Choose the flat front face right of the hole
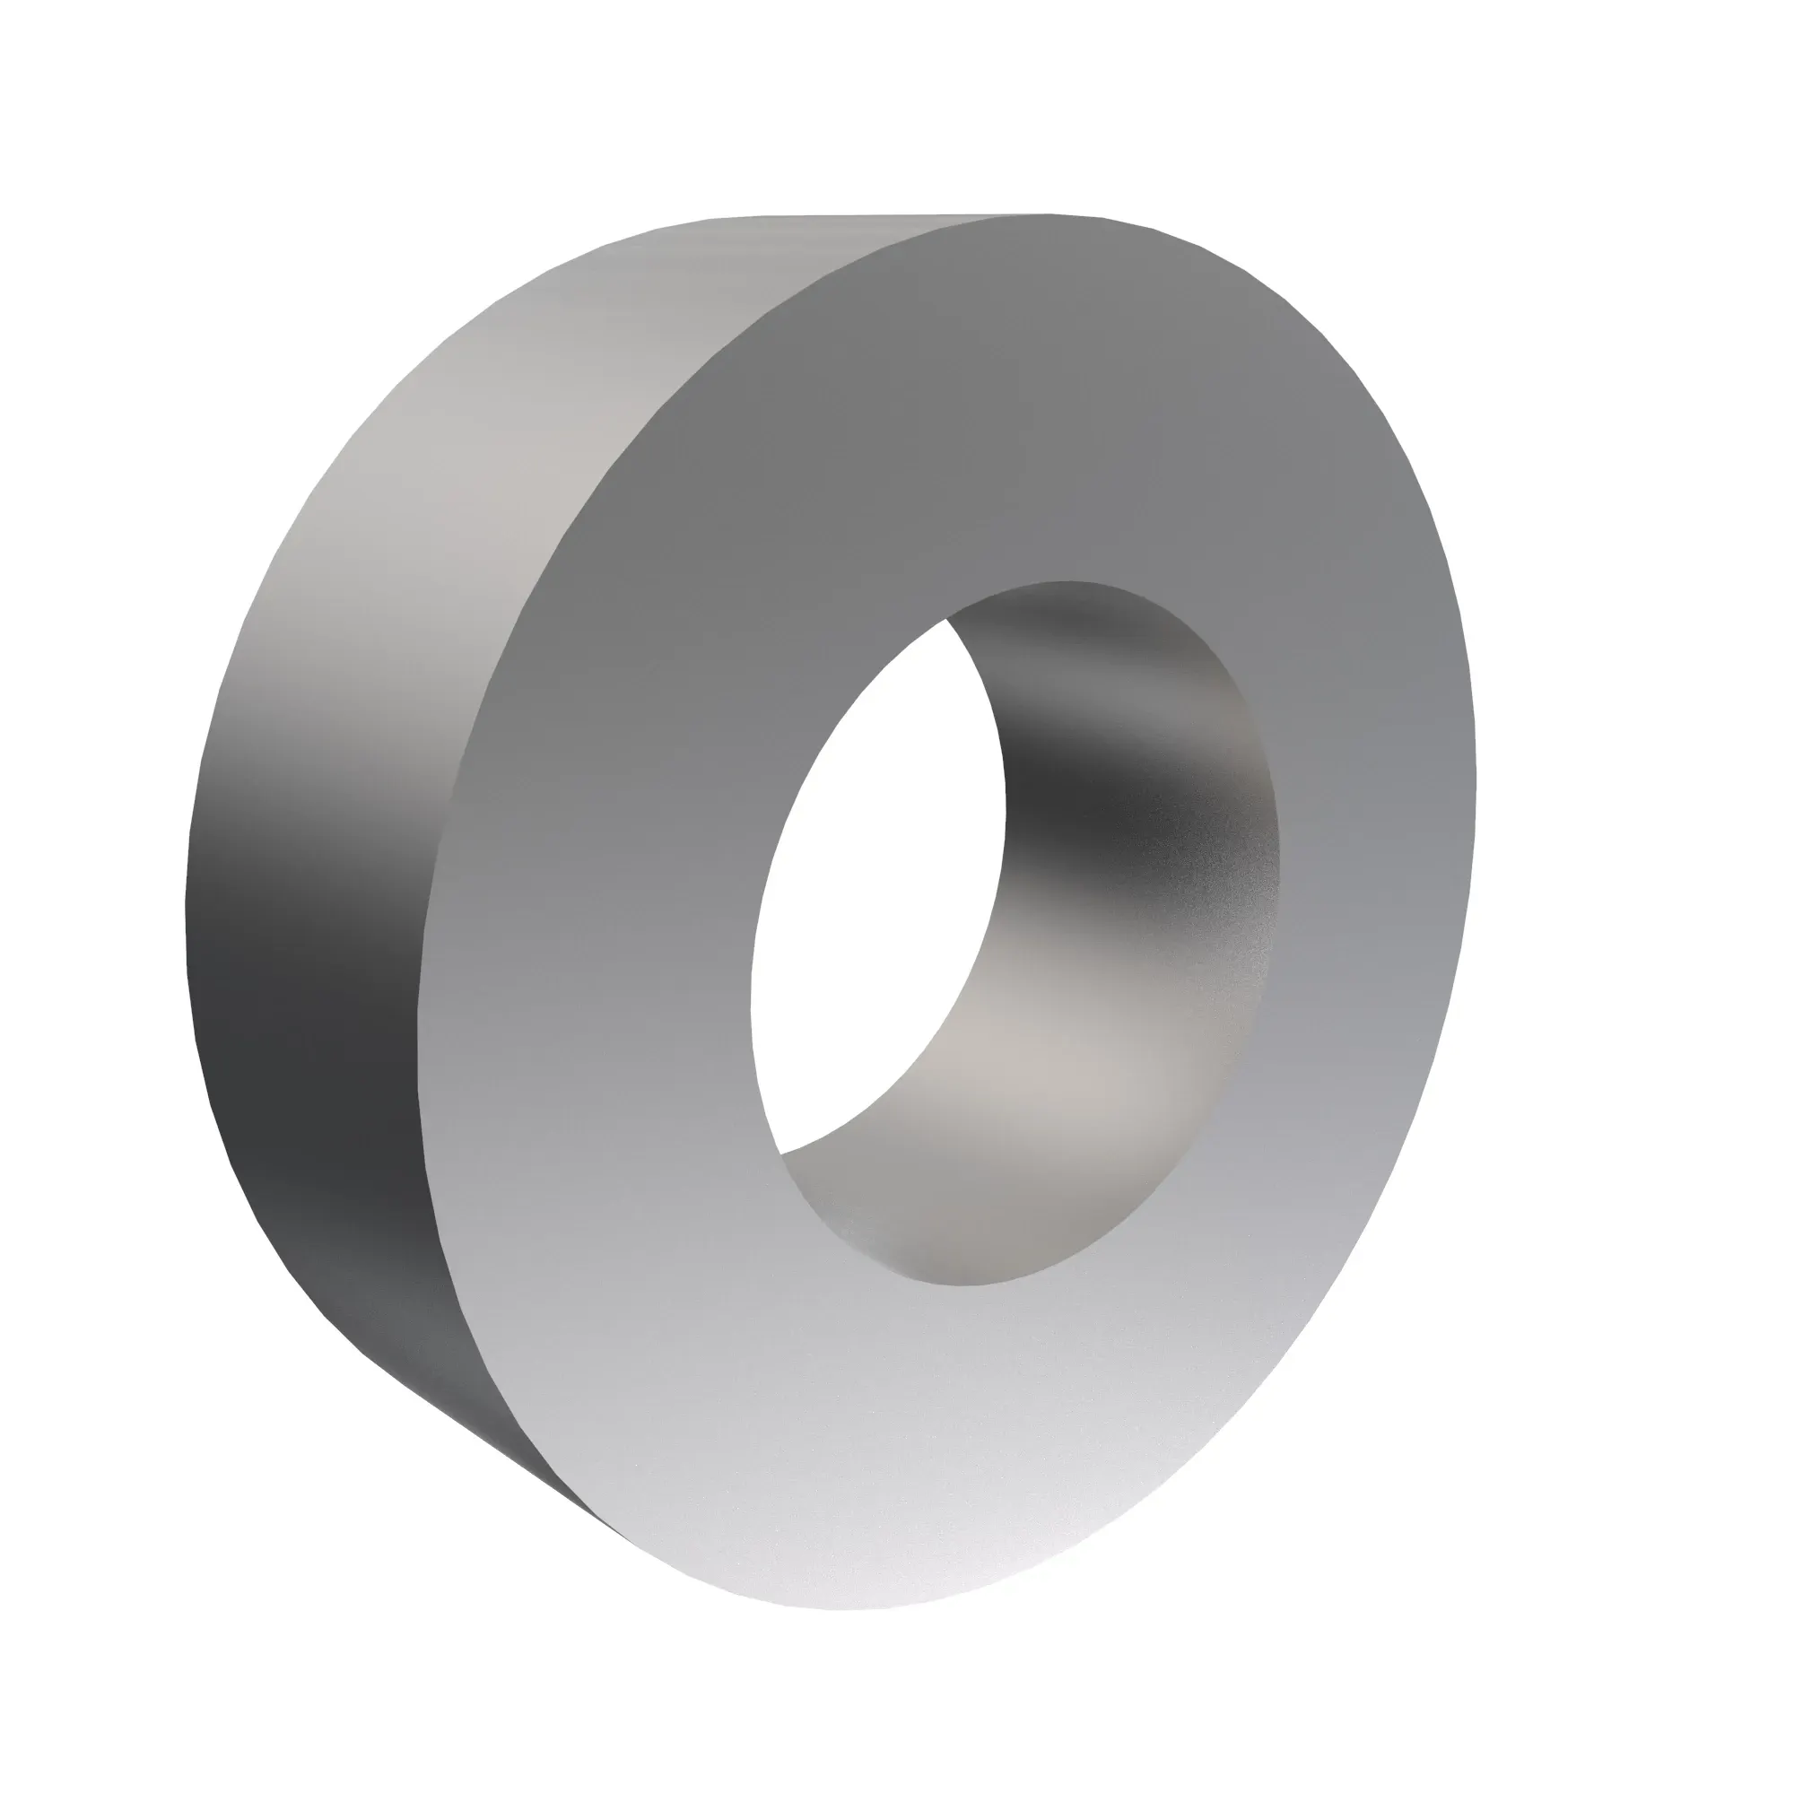point(1374,836)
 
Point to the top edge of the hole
point(1067,582)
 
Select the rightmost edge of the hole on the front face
point(1280,836)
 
